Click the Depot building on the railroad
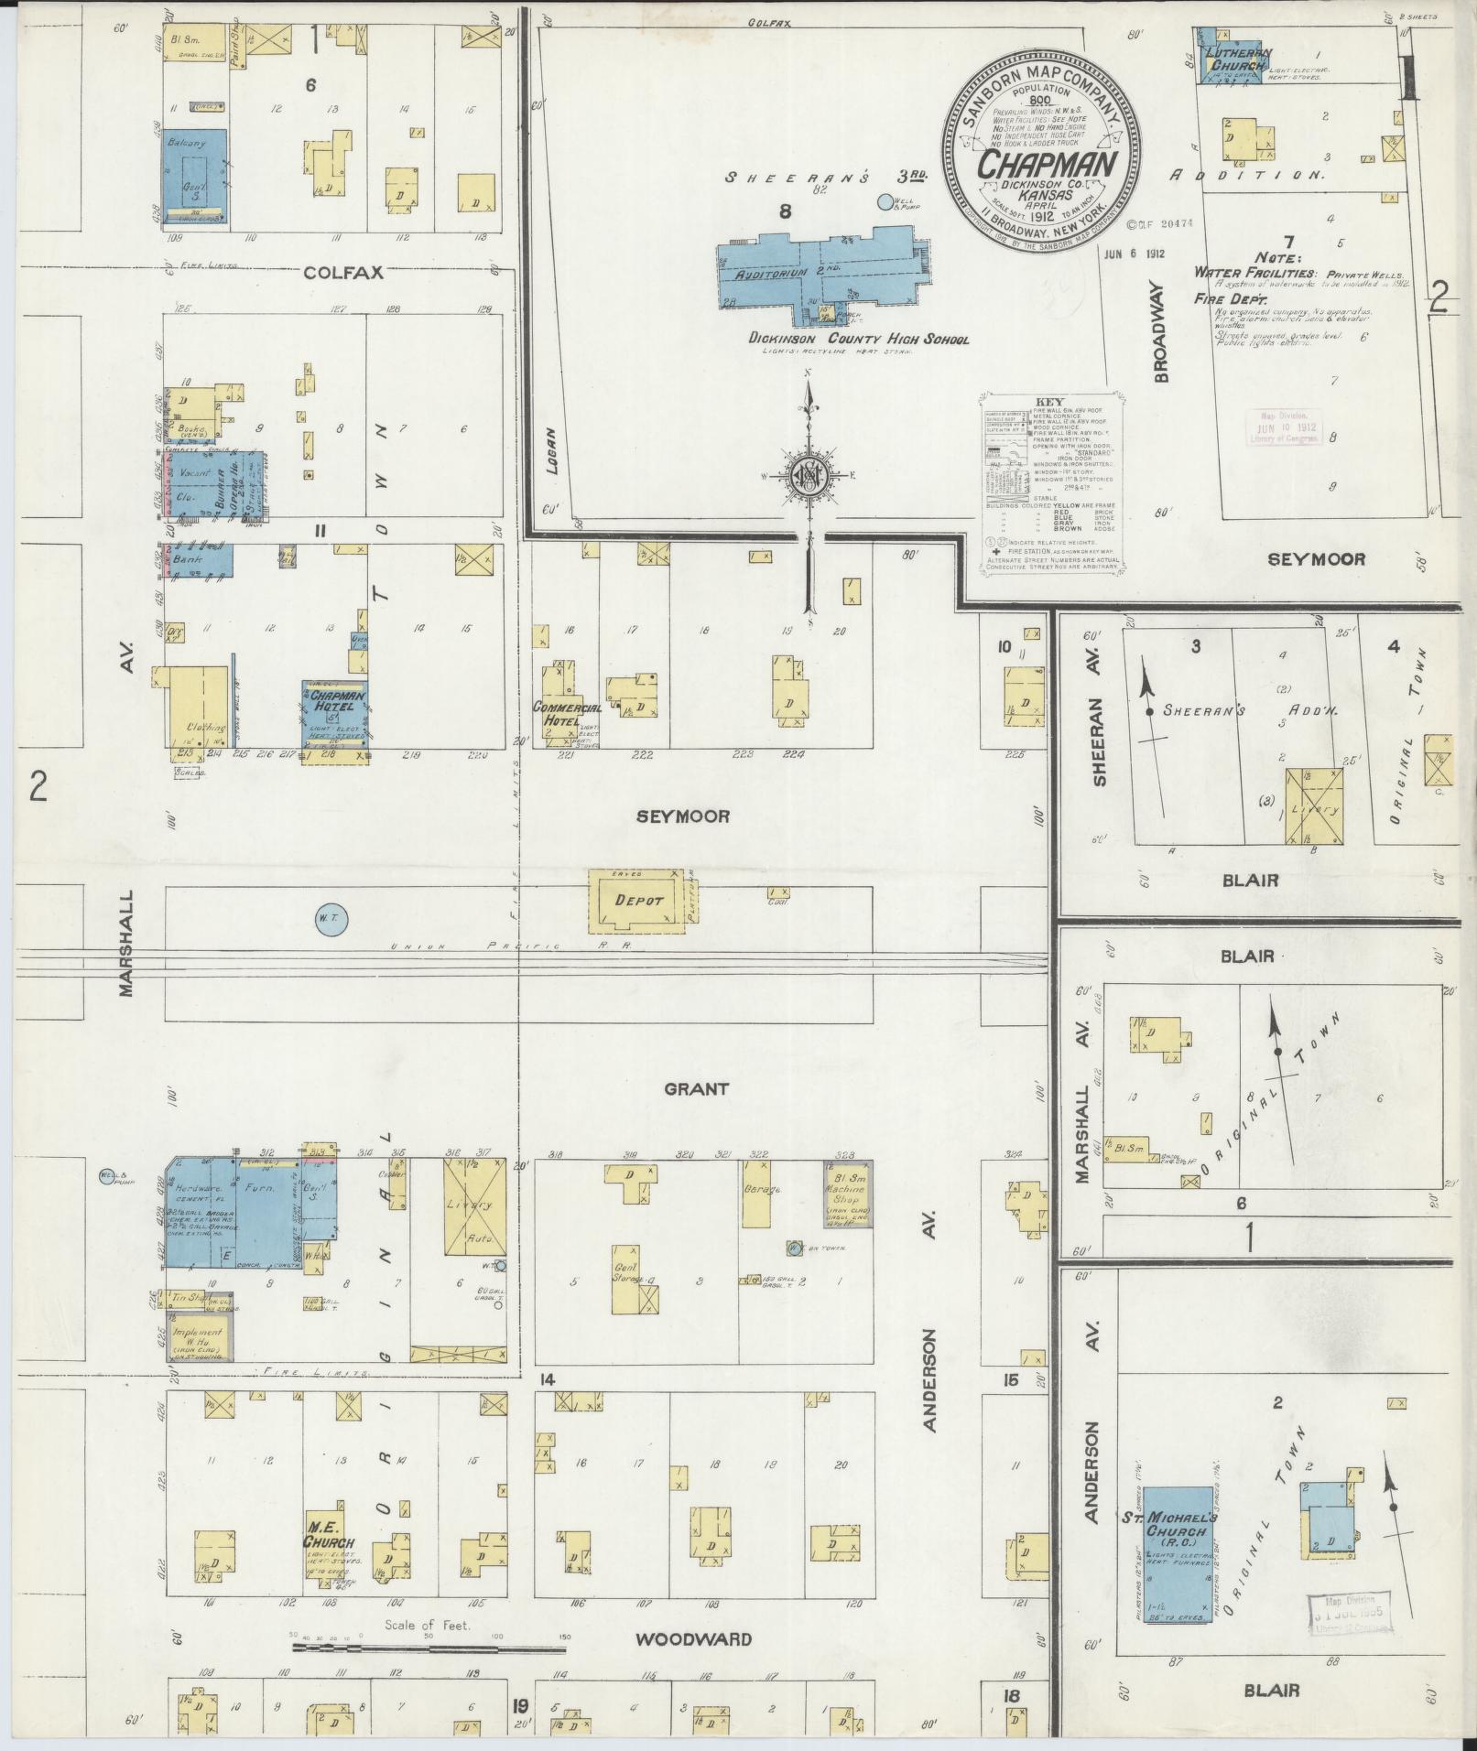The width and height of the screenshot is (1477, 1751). coord(638,901)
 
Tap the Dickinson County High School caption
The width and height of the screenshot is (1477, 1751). coord(858,340)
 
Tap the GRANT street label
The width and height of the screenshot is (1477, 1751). coord(696,1088)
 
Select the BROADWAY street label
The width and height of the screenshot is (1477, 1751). coord(1162,330)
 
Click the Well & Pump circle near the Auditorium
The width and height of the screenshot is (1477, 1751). coord(884,202)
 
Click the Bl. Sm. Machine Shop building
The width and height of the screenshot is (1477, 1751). coord(848,1194)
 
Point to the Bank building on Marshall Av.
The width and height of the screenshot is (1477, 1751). coord(197,559)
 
